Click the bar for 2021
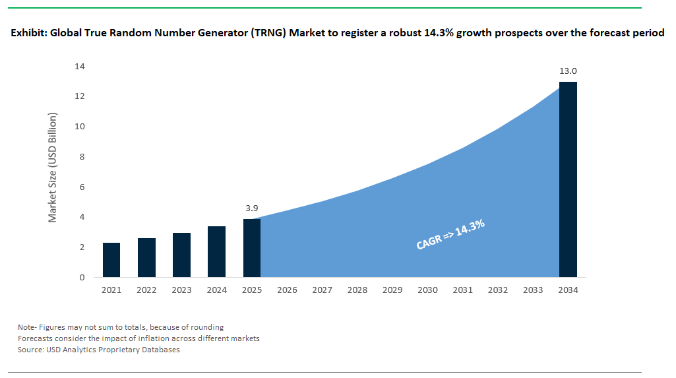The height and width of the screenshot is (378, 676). point(111,260)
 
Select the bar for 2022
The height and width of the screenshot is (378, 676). point(146,258)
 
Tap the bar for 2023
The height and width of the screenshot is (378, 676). point(181,255)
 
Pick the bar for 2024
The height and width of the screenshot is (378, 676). point(216,252)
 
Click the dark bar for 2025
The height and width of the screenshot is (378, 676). point(251,248)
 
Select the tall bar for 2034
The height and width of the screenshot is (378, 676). point(568,179)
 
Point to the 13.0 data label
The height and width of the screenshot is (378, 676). point(568,71)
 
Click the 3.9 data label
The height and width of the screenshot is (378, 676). point(251,208)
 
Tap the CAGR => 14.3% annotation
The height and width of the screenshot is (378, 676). point(450,235)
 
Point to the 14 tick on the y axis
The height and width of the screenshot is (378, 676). point(80,67)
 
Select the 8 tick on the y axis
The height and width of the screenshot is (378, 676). point(82,157)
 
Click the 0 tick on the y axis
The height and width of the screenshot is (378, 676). point(82,278)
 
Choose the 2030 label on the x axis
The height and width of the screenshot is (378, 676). point(427,290)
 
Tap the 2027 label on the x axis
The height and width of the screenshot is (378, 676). point(322,290)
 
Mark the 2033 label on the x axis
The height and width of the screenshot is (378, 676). point(533,290)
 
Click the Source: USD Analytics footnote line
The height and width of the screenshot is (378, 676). point(99,350)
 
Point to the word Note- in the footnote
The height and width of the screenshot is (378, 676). point(28,327)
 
